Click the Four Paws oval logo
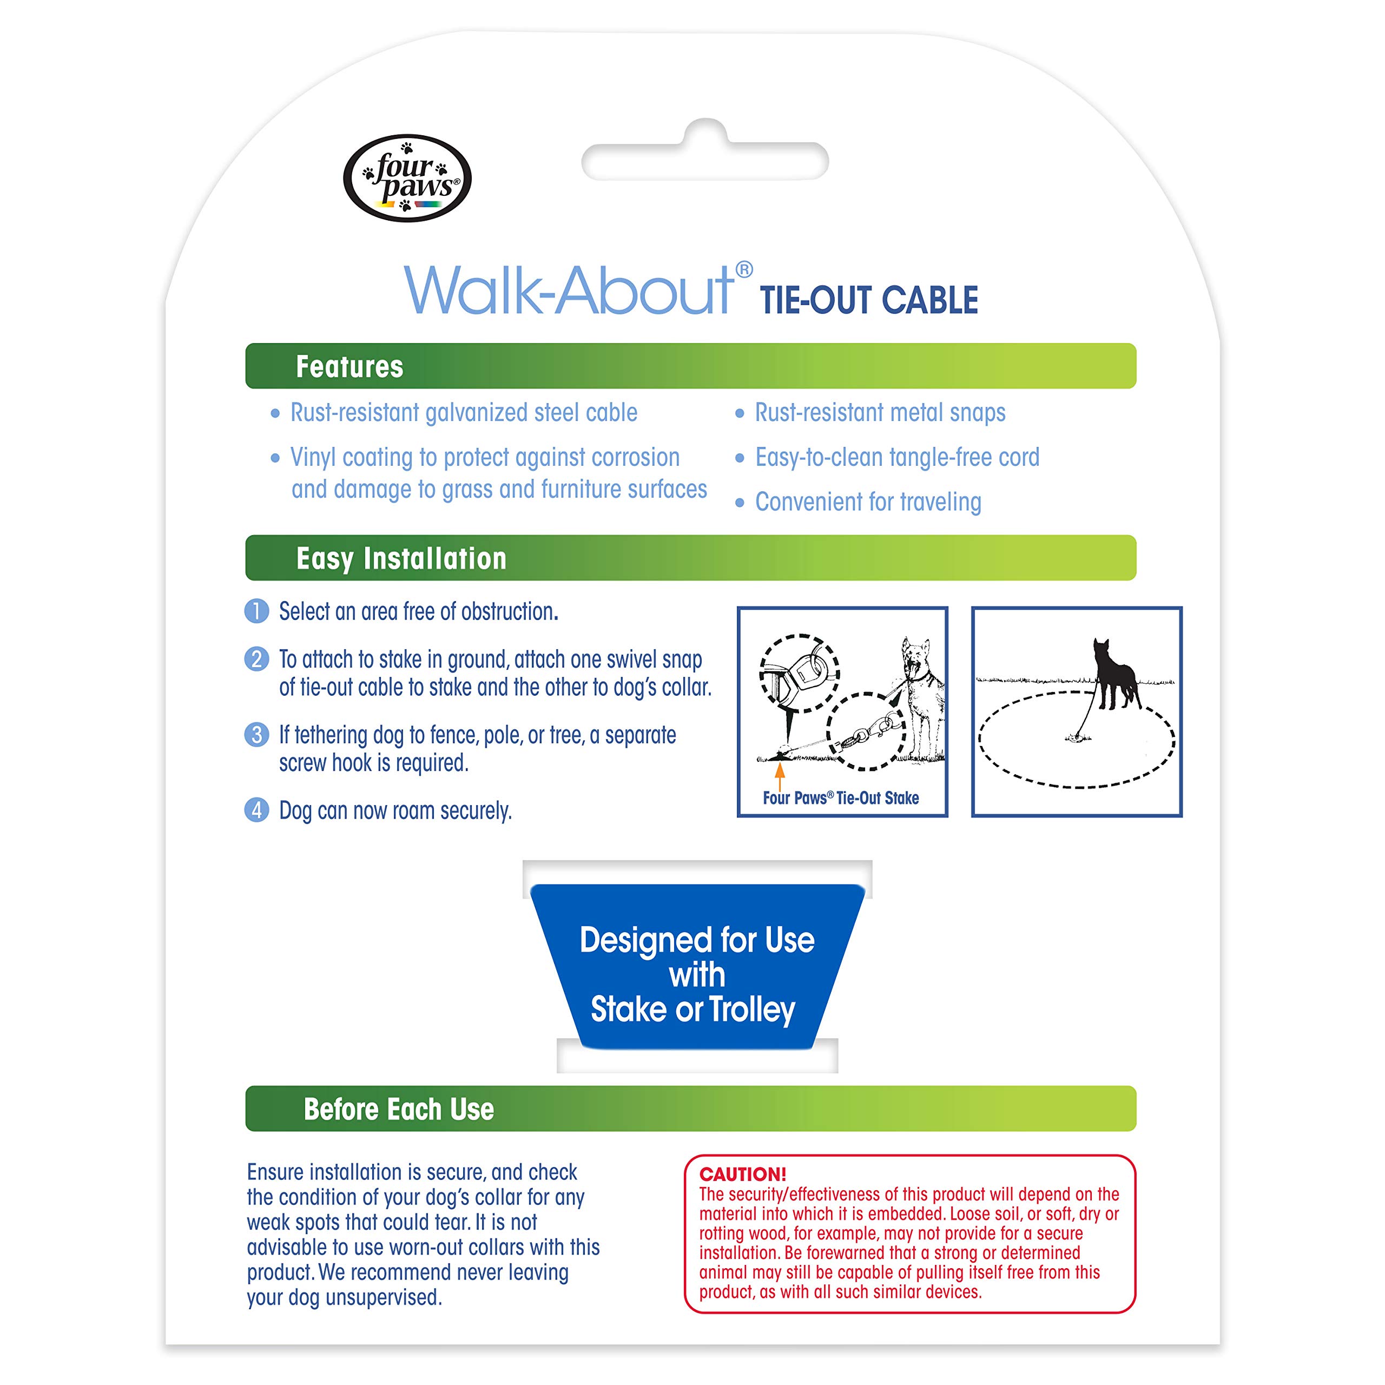click(407, 178)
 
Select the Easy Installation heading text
click(401, 558)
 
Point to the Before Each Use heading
click(399, 1109)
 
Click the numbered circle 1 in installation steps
click(256, 611)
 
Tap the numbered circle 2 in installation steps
click(256, 659)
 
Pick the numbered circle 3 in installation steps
click(256, 735)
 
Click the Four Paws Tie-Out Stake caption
click(840, 798)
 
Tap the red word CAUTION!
click(743, 1174)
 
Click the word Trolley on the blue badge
click(752, 1010)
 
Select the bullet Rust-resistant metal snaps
click(880, 412)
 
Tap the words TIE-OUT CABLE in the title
click(869, 300)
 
